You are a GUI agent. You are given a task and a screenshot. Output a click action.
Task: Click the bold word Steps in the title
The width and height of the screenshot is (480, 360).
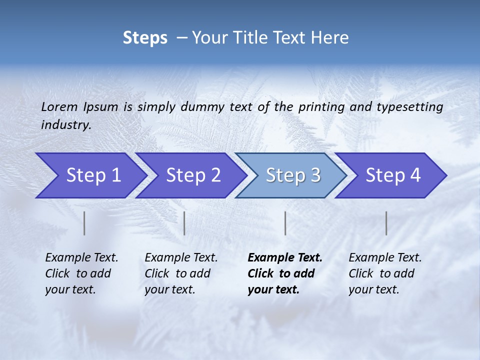pos(145,38)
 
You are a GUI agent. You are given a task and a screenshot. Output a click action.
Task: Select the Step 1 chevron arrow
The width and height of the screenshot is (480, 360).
pos(90,175)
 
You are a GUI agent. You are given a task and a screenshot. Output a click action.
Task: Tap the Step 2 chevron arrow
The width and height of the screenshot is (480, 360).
pos(190,175)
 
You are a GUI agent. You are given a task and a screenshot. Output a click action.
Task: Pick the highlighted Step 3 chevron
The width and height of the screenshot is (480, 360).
pos(290,175)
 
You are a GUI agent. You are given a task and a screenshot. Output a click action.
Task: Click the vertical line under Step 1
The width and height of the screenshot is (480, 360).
pos(84,223)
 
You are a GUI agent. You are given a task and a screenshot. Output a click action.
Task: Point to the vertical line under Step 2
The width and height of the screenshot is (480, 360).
pos(184,223)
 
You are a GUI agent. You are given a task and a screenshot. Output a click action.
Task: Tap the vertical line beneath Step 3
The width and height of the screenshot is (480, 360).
pos(285,223)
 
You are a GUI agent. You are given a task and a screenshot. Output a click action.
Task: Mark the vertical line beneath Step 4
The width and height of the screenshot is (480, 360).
pos(386,223)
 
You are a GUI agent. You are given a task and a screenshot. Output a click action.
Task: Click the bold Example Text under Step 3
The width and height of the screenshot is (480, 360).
pos(285,258)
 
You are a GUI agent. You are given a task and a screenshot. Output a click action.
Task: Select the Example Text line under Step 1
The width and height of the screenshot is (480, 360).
pos(81,258)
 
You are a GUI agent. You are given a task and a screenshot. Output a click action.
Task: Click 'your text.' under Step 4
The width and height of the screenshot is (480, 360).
pos(373,289)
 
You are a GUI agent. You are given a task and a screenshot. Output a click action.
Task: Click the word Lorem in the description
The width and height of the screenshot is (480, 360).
pos(59,107)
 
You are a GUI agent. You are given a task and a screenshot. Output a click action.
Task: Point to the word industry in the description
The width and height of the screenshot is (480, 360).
pos(66,125)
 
